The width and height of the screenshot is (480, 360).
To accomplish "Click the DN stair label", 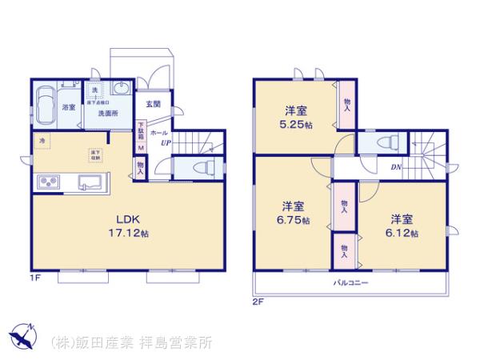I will click(x=396, y=167).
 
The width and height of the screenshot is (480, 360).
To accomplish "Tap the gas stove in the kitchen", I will click(x=47, y=182).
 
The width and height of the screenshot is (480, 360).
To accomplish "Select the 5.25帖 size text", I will click(x=297, y=126).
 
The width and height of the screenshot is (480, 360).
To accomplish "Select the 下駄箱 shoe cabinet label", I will click(x=141, y=130).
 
